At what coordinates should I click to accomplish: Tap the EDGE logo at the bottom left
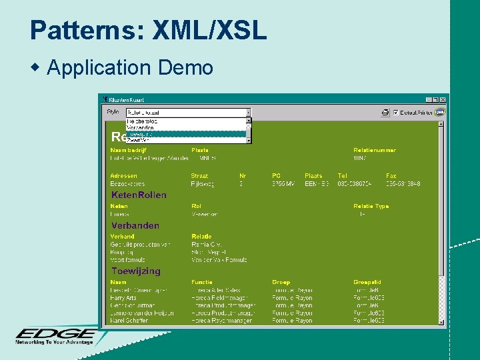(56, 335)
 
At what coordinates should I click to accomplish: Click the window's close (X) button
(443, 99)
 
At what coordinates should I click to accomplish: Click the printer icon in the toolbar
(385, 113)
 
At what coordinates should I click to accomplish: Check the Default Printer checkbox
(396, 113)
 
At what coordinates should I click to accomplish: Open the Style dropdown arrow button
(249, 113)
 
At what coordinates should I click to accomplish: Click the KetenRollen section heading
(139, 195)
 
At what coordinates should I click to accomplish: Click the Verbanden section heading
(135, 226)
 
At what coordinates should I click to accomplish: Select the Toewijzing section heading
(136, 271)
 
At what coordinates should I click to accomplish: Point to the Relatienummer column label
(375, 150)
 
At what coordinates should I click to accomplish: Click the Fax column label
(391, 176)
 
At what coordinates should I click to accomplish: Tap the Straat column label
(199, 176)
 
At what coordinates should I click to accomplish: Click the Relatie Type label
(371, 207)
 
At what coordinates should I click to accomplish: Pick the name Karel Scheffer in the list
(129, 321)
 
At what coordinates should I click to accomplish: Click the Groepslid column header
(367, 283)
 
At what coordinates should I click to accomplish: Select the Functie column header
(202, 283)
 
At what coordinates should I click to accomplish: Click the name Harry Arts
(123, 298)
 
